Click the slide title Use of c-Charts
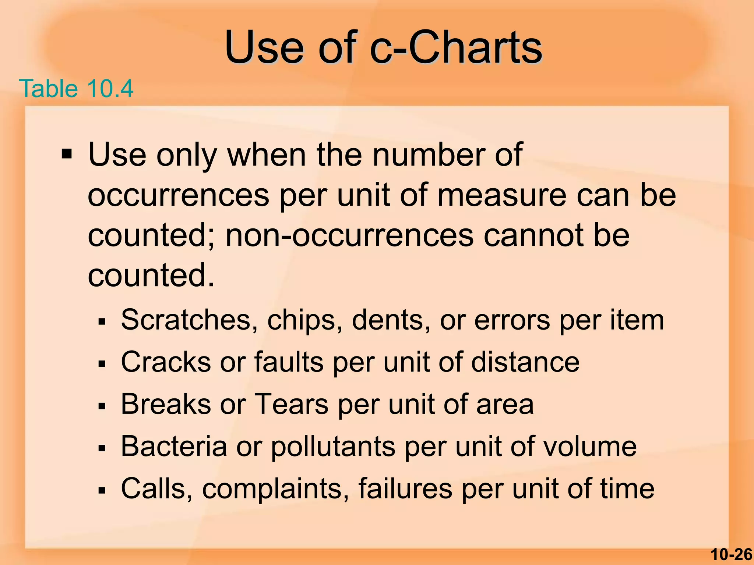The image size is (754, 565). coord(383,48)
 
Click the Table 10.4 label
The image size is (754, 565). coord(76,89)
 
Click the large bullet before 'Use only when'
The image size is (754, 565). coord(67,153)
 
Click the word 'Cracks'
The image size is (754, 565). coord(166,362)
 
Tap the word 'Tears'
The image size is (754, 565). coord(291,404)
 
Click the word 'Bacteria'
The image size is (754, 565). coord(174,447)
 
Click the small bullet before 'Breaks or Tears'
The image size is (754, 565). coord(102,406)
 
